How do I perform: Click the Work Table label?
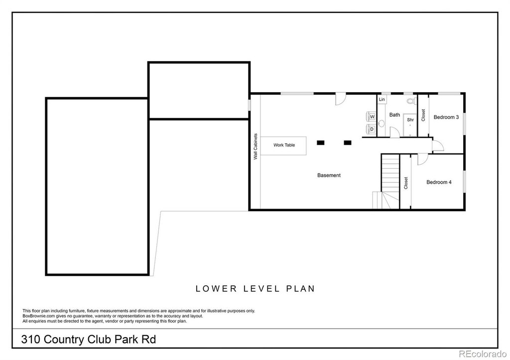284,145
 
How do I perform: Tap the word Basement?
329,175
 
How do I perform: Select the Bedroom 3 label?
446,117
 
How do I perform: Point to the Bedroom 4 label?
439,182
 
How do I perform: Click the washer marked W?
372,117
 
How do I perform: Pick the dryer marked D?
372,129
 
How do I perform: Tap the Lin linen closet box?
382,100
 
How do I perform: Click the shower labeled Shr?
410,125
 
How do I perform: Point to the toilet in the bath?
411,101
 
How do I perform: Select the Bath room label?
394,115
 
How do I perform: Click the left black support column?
321,142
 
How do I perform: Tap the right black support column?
348,142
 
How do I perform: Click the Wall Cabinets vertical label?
255,146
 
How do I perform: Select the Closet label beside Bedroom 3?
423,115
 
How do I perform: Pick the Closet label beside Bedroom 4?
405,183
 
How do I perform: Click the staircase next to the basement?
390,181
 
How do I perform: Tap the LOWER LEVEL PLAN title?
255,288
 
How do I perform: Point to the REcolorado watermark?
482,354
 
